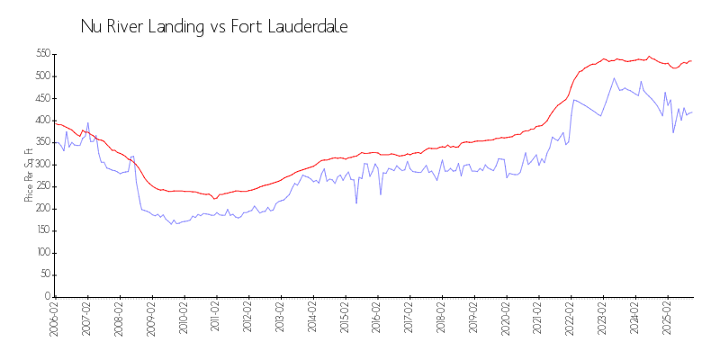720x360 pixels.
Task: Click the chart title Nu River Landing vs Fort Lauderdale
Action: [x=214, y=27]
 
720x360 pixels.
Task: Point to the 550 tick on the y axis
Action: [x=41, y=54]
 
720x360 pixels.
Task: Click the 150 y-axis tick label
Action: [x=41, y=230]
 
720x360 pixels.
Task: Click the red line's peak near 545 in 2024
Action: [x=649, y=56]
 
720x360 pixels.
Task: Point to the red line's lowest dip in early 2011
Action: [x=214, y=198]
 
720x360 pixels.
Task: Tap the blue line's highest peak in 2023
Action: [x=615, y=78]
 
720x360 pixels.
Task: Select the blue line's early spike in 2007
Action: [x=87, y=123]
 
